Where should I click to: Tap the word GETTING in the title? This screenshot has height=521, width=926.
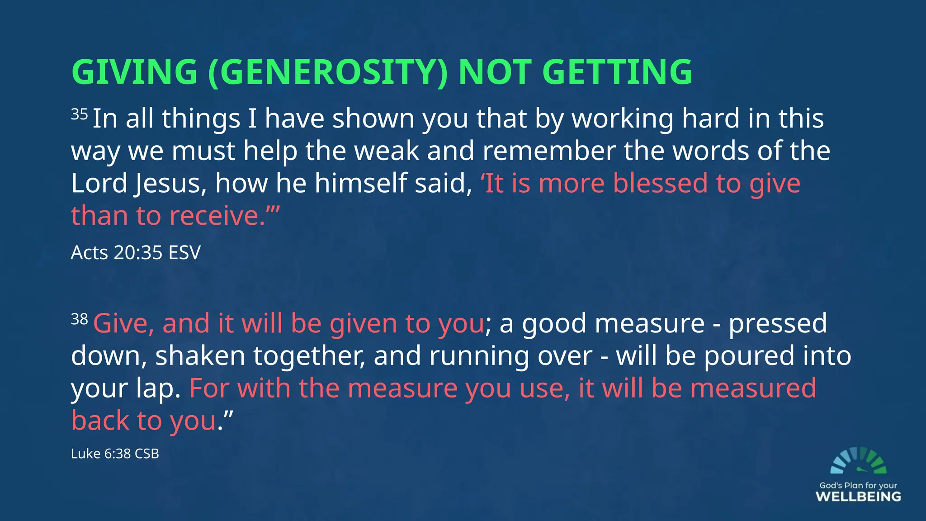click(617, 72)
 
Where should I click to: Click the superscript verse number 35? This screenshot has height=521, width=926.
click(79, 114)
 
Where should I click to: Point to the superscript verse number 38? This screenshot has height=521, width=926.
click(79, 319)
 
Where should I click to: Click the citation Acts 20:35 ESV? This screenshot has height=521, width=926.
click(136, 252)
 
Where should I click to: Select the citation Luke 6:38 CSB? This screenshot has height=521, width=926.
click(115, 453)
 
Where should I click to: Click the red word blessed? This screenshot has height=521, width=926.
click(661, 184)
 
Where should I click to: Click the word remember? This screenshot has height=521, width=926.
click(549, 151)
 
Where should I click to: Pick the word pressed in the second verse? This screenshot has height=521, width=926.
click(778, 324)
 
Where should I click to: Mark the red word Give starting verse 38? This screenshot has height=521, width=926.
click(120, 324)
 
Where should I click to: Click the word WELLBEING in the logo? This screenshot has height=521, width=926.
click(858, 497)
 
